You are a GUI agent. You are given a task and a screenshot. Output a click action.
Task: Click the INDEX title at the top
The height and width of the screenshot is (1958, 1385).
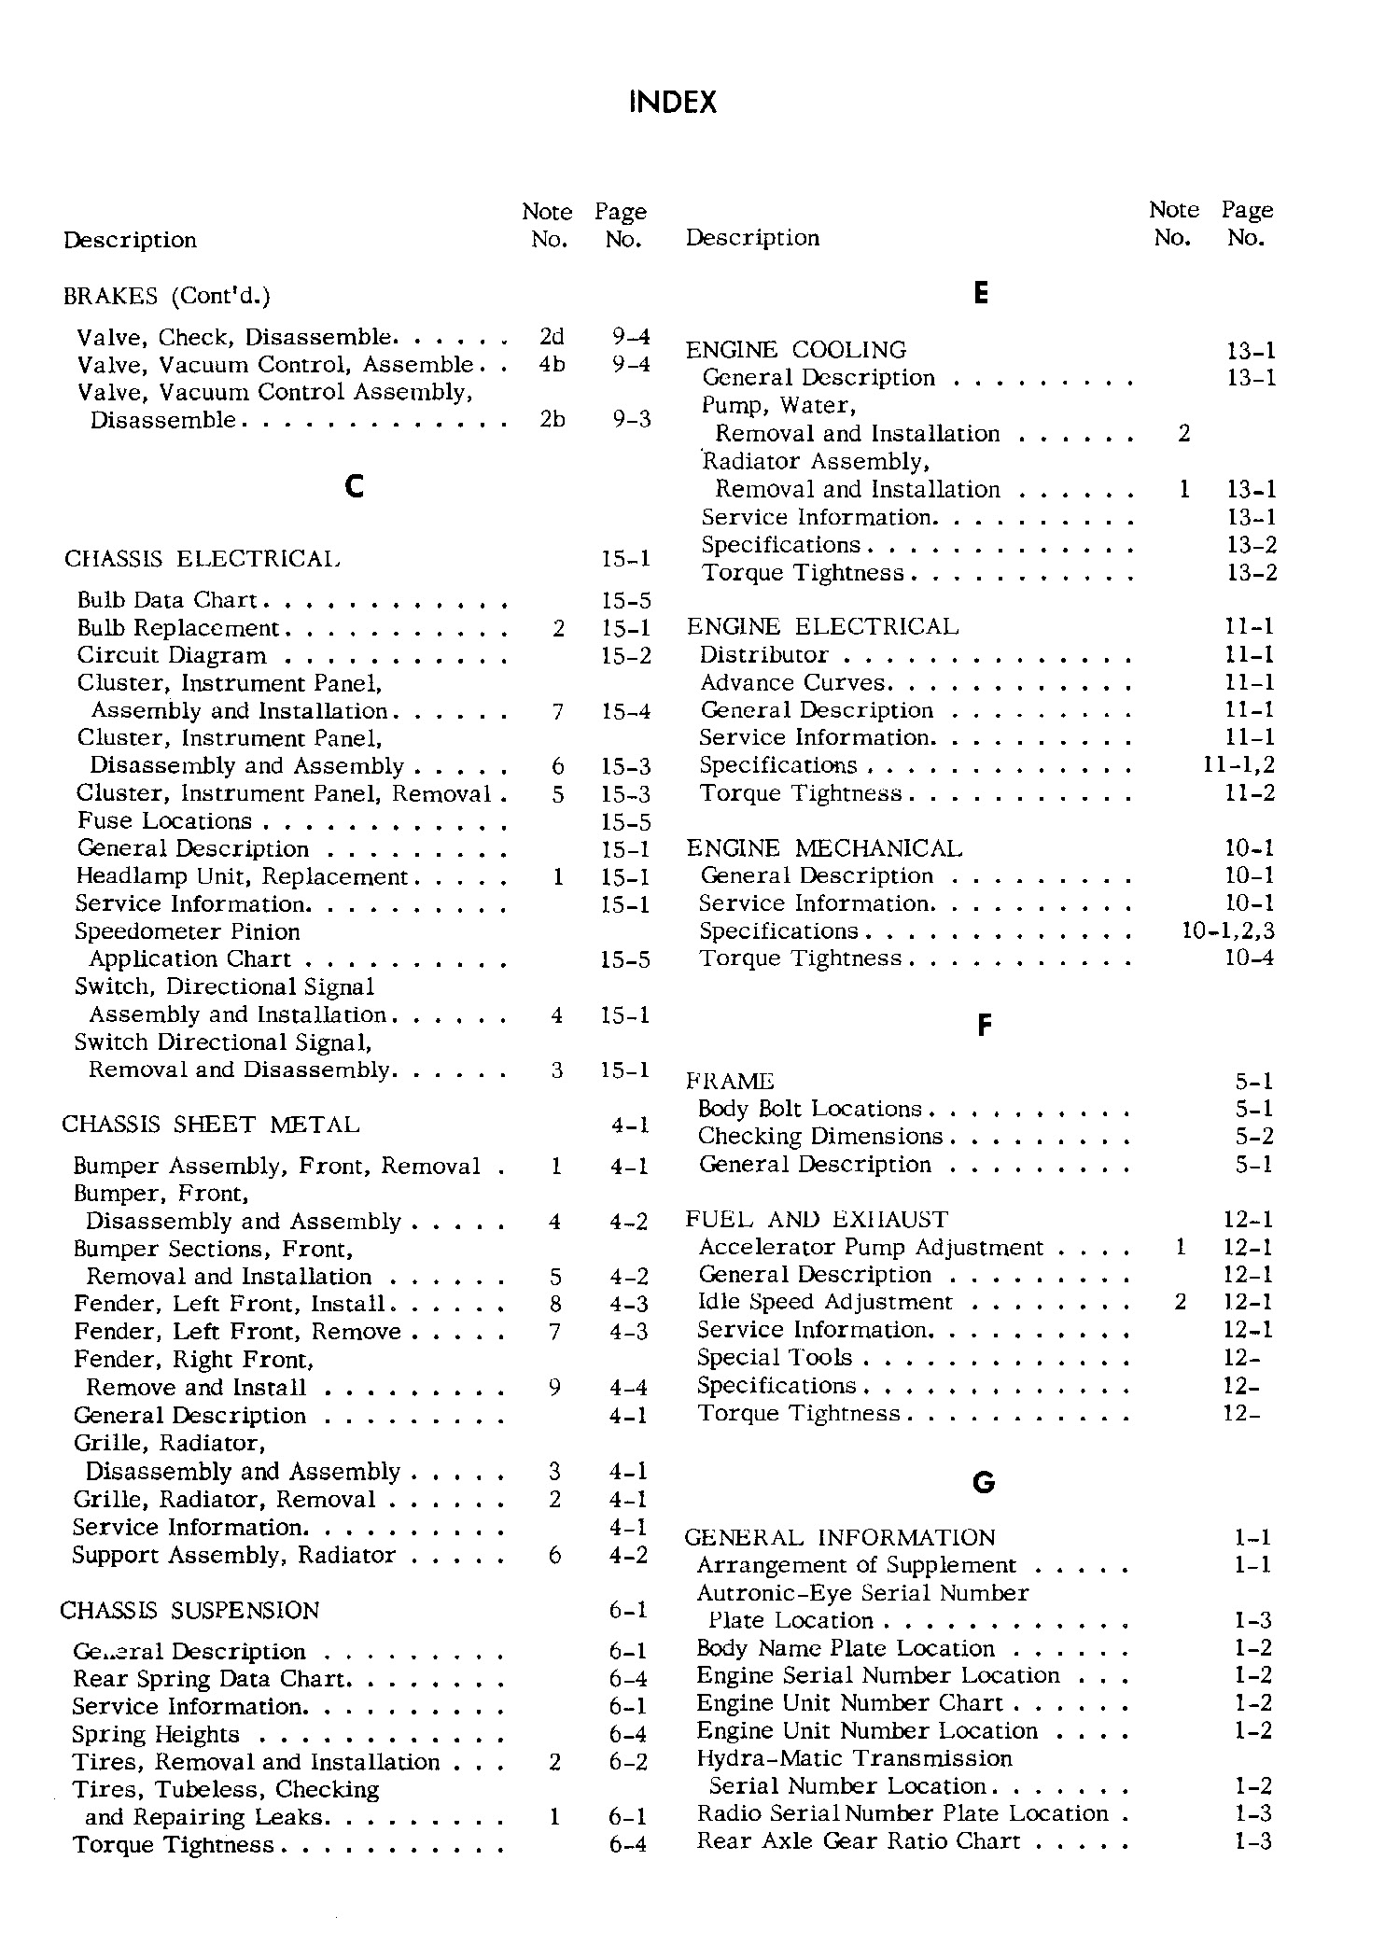(x=673, y=103)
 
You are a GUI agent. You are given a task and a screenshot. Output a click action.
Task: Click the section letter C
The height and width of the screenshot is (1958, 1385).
(x=354, y=485)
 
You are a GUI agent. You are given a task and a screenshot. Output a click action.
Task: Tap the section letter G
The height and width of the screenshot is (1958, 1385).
(x=984, y=1482)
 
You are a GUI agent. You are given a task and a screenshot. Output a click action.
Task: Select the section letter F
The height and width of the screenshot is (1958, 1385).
(x=984, y=1026)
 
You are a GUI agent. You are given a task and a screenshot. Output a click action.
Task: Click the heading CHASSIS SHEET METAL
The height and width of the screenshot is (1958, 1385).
(x=211, y=1125)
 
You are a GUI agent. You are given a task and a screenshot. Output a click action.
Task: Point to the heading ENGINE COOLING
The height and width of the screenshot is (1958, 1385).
(x=796, y=350)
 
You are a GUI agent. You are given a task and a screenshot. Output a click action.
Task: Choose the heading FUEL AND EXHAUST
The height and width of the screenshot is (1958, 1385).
(x=817, y=1220)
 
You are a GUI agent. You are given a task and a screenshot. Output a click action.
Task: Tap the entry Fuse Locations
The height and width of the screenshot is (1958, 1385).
(x=164, y=821)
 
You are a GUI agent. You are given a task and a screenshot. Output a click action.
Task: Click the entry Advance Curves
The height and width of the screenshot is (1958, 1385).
(x=792, y=683)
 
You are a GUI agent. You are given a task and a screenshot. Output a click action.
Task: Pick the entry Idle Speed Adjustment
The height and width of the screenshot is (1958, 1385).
(x=825, y=1302)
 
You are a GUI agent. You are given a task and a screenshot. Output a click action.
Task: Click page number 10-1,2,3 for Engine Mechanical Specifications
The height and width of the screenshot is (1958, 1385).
(x=1228, y=930)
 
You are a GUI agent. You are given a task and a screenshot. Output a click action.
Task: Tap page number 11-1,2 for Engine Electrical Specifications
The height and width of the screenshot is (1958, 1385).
(x=1239, y=766)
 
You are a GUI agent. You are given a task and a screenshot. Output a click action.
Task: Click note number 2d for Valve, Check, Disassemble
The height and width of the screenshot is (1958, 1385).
(x=552, y=337)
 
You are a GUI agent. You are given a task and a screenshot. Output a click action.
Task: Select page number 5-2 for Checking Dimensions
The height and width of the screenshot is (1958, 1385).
(x=1254, y=1137)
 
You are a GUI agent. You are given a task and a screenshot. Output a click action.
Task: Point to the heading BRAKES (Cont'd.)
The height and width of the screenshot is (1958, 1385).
(x=167, y=296)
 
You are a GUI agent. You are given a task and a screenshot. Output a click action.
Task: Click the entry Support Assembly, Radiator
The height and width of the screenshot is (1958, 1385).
(x=233, y=1555)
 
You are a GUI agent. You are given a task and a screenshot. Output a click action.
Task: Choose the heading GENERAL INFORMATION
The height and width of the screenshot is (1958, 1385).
(x=840, y=1537)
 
